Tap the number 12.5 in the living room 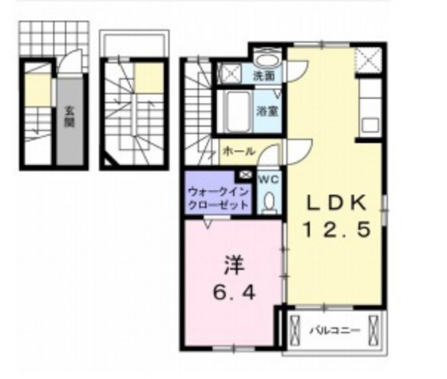[335, 231]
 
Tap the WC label [267, 180]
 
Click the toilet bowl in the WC [268, 203]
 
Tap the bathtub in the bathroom [237, 105]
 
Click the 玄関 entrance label [69, 117]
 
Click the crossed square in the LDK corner [369, 59]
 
